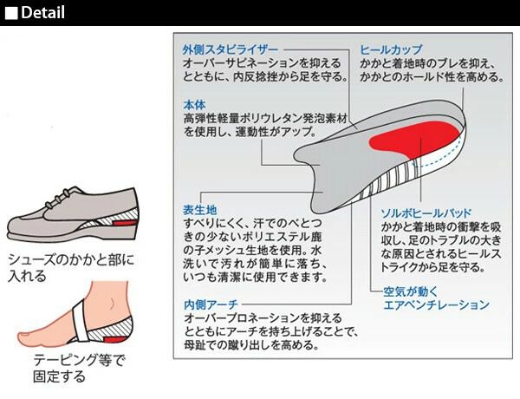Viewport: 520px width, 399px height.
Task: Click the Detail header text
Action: (42, 12)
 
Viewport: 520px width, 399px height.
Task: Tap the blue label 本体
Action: (194, 104)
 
